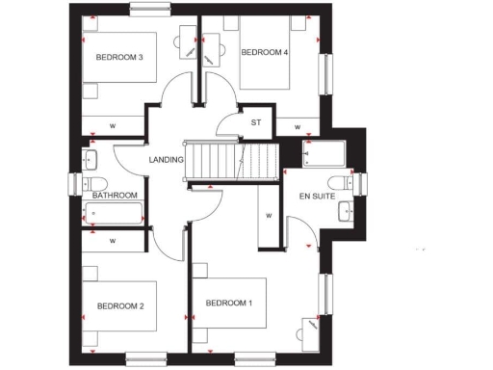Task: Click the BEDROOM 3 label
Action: [119, 58]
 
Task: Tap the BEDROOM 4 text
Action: [265, 52]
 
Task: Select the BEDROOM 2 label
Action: [120, 306]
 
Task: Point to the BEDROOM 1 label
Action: [229, 304]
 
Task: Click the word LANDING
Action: [165, 160]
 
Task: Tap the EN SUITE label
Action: [318, 196]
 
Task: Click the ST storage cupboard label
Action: [256, 122]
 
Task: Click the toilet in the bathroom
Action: [95, 182]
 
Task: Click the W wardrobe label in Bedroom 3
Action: [113, 126]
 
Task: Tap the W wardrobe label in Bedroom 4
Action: [298, 126]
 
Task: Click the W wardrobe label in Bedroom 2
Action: [113, 240]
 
